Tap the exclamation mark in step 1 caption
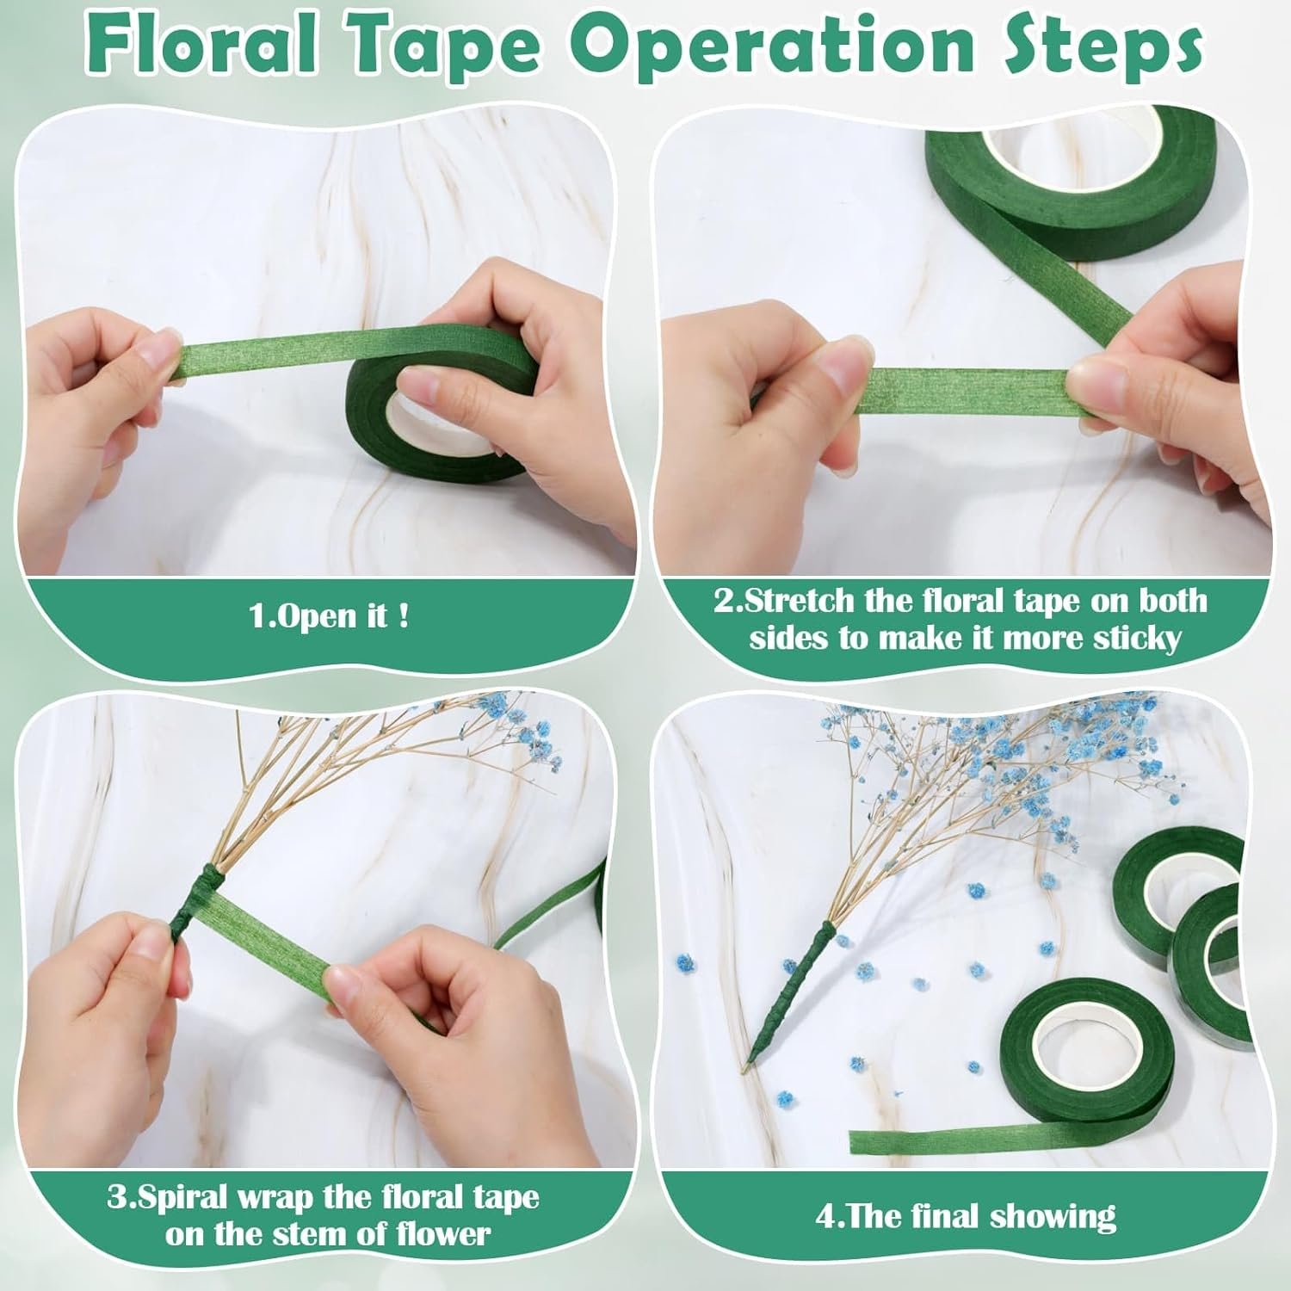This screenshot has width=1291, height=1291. [x=404, y=615]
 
